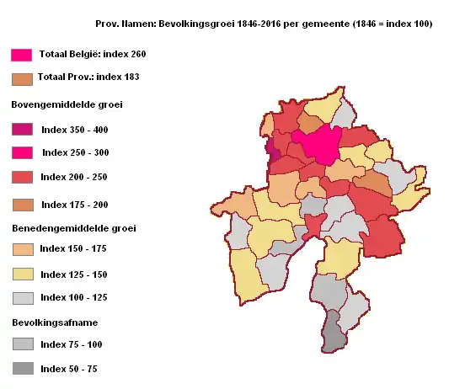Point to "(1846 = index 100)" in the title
click(391, 24)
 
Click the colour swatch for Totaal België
click(21, 55)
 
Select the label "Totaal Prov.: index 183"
click(88, 77)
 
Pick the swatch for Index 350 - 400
click(21, 129)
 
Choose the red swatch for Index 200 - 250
click(21, 177)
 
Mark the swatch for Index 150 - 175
click(21, 250)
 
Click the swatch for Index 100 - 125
click(21, 298)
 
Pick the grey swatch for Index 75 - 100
click(21, 344)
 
